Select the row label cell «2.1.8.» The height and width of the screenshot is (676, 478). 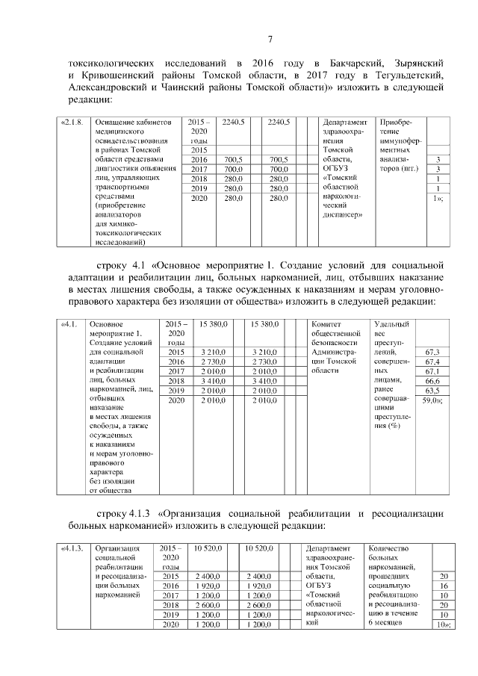coord(73,122)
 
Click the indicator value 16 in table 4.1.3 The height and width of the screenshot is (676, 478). coord(444,587)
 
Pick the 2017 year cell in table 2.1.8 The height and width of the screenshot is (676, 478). coord(199,170)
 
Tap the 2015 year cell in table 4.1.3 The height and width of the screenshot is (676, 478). coord(171,577)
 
